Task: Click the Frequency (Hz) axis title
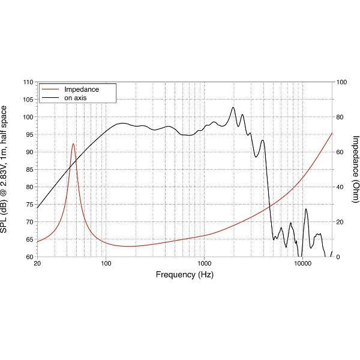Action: [184, 275]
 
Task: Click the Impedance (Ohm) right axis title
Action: [355, 169]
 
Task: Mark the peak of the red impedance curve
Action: [73, 144]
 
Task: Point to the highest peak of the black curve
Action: [233, 107]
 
